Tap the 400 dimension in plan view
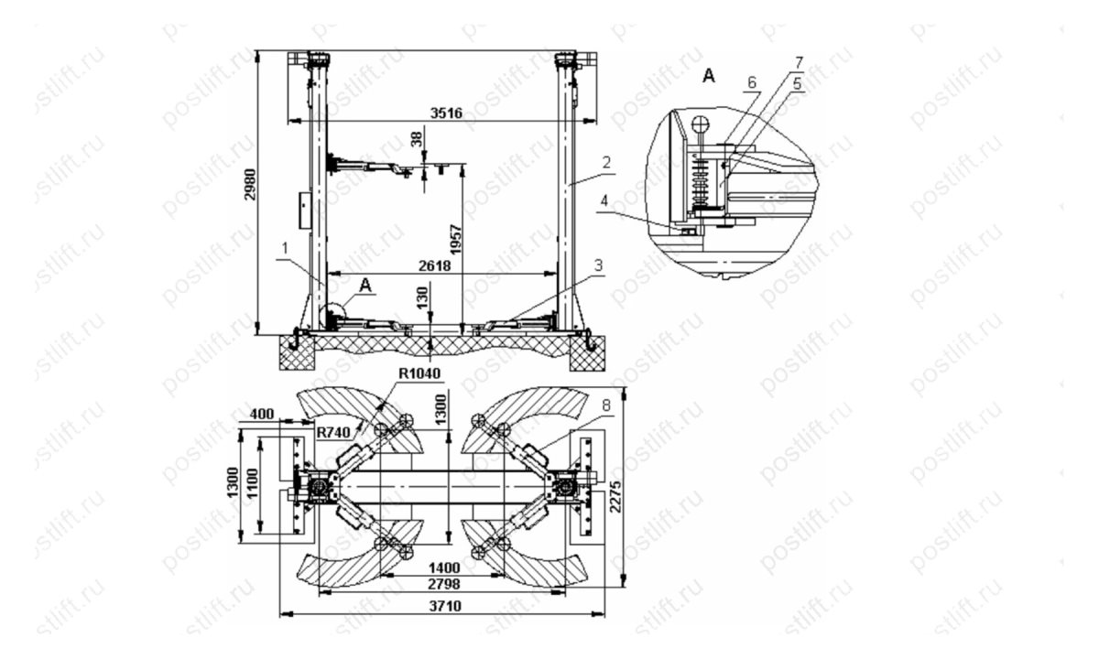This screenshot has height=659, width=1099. (261, 415)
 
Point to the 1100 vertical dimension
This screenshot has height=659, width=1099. (252, 487)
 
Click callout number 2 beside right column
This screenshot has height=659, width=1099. (605, 161)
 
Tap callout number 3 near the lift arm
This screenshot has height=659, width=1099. (597, 265)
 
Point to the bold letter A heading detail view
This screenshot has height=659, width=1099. (707, 77)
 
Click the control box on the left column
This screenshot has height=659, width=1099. (302, 210)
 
